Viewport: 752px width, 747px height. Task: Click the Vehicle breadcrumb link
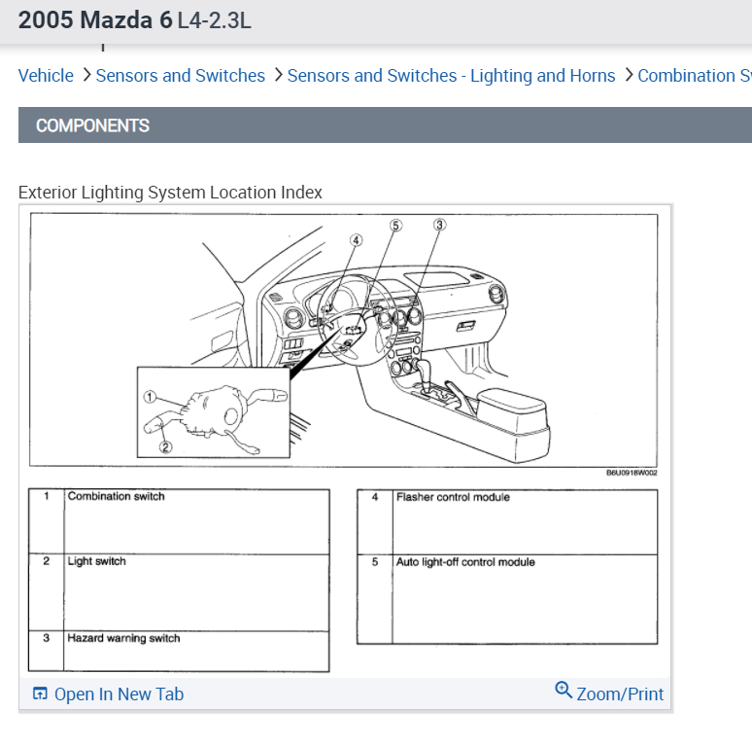[x=46, y=76]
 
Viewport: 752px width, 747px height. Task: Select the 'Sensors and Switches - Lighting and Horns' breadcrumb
[x=451, y=76]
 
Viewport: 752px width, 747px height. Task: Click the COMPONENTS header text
[x=92, y=125]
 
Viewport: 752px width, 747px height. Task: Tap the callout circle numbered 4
[x=357, y=240]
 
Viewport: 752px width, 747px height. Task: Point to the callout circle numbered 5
[x=395, y=225]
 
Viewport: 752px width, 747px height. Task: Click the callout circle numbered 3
[x=439, y=225]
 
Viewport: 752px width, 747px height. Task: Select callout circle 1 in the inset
[x=150, y=397]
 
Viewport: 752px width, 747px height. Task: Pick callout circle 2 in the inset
[x=165, y=447]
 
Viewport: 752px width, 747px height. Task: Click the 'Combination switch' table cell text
[x=116, y=497]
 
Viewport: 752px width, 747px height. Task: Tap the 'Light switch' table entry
[x=96, y=562]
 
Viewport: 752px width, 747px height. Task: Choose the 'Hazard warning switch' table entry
[x=123, y=639]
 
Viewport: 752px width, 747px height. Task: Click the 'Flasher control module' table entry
[x=452, y=498]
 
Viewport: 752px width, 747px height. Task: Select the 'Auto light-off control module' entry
[x=464, y=562]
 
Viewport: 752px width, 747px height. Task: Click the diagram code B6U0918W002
[x=632, y=474]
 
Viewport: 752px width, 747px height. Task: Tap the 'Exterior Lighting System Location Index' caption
[x=170, y=192]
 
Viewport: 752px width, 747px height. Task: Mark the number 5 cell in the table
[x=374, y=562]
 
